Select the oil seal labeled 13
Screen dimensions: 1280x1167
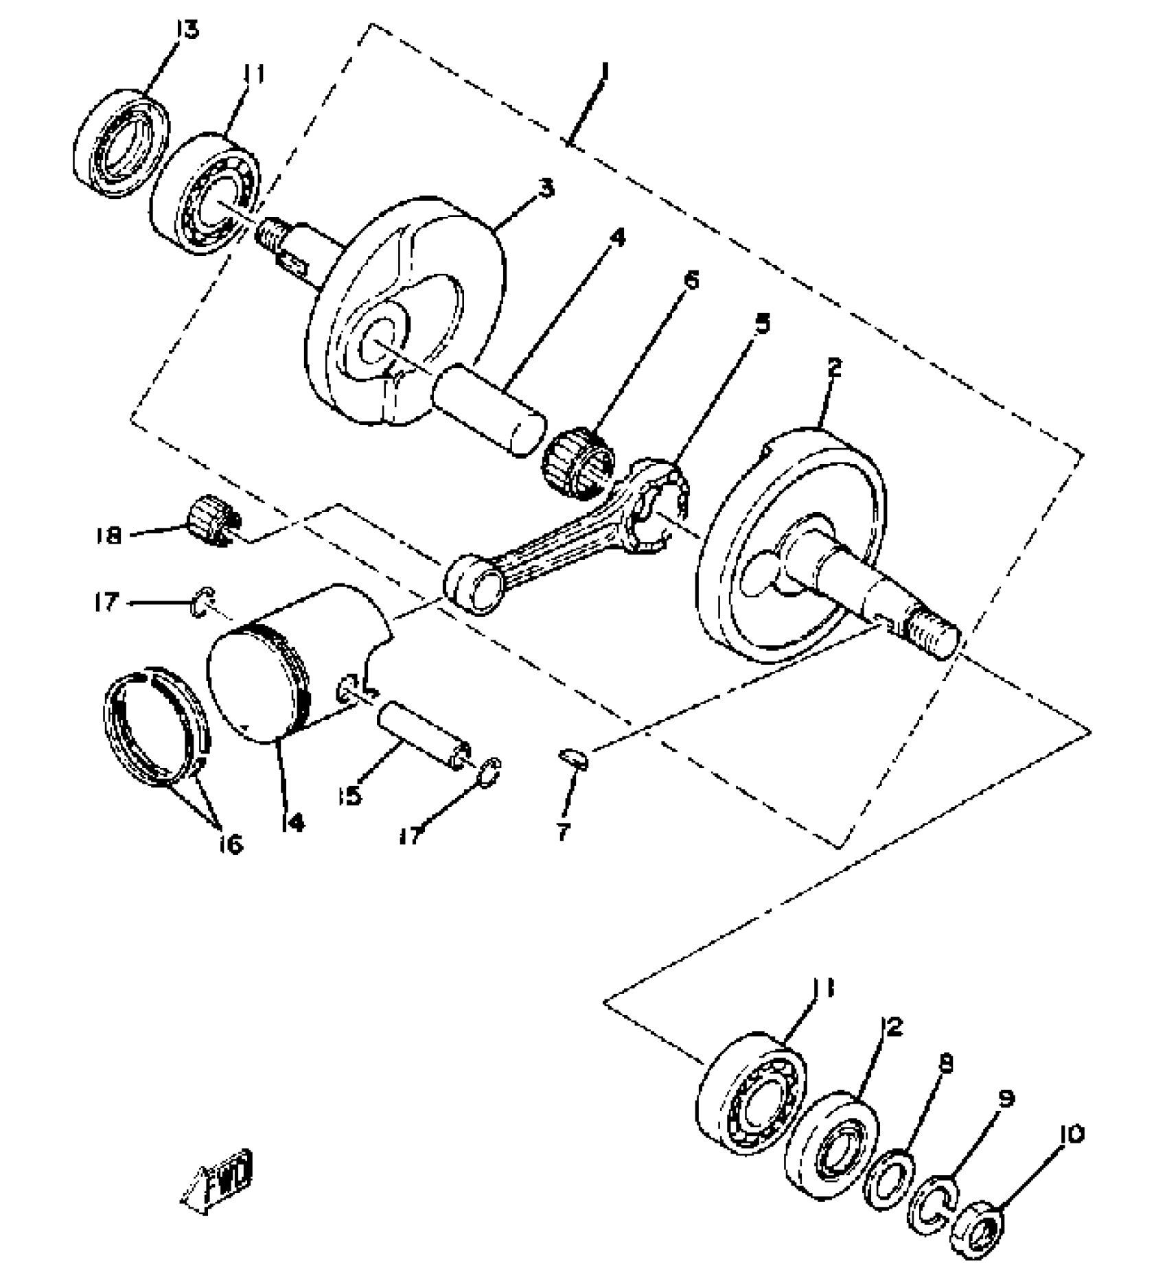122,142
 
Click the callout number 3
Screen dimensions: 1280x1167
546,188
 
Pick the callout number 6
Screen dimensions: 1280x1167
690,280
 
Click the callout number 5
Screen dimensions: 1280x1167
761,323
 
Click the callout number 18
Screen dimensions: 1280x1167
109,535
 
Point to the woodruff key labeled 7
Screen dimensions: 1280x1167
572,758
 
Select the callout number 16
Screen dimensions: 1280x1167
232,844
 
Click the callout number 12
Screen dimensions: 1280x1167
892,1047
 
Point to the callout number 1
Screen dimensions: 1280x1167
605,71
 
